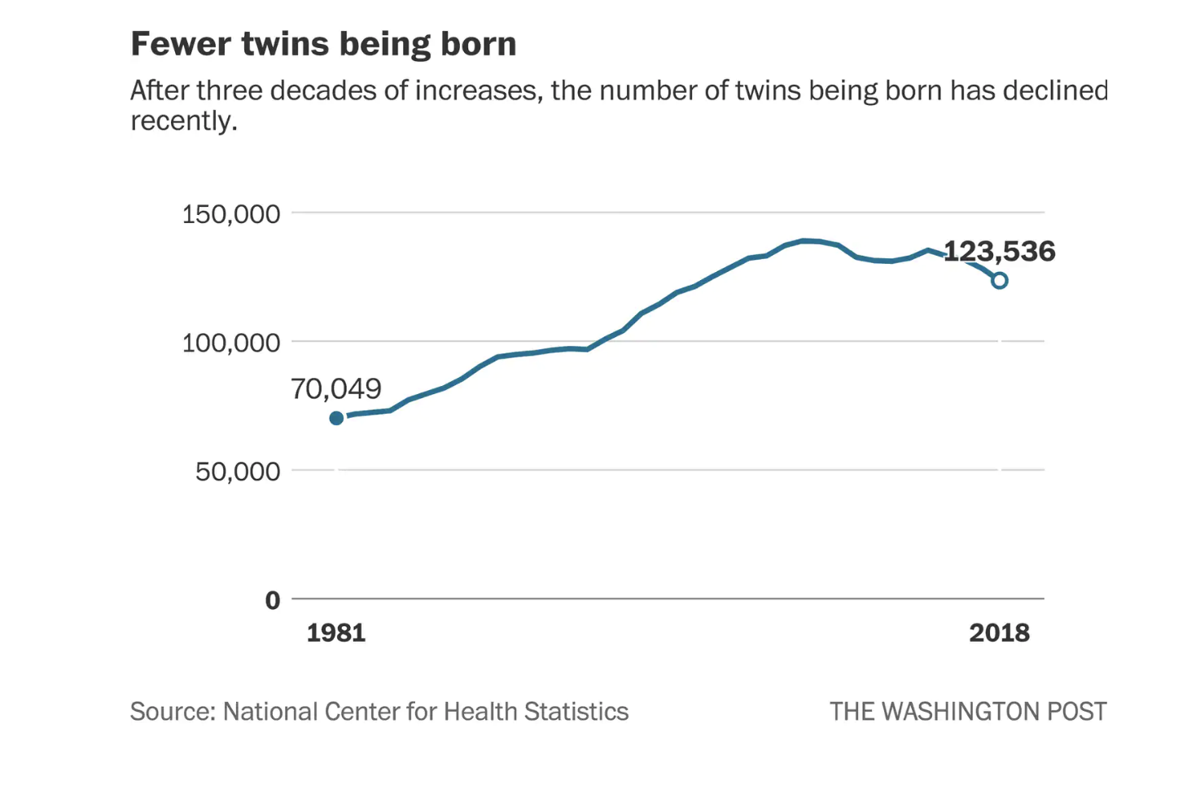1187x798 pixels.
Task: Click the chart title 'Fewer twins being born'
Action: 323,44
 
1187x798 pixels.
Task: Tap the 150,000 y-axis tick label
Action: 230,214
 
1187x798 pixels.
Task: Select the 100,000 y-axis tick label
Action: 230,343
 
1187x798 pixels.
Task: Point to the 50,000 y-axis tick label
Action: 237,471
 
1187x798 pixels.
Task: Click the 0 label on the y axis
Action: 273,601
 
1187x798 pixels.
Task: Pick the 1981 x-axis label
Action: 335,633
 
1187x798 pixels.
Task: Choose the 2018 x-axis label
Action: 999,633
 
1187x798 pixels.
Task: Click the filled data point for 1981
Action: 336,419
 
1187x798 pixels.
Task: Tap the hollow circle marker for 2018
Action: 999,280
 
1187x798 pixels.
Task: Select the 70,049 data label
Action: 335,389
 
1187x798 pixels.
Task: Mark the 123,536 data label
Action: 999,251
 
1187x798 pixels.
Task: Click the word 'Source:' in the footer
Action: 173,712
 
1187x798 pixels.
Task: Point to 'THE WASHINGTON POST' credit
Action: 968,712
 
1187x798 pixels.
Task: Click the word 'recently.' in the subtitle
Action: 183,121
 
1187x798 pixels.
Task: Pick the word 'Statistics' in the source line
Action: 576,712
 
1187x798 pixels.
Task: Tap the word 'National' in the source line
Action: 270,712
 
